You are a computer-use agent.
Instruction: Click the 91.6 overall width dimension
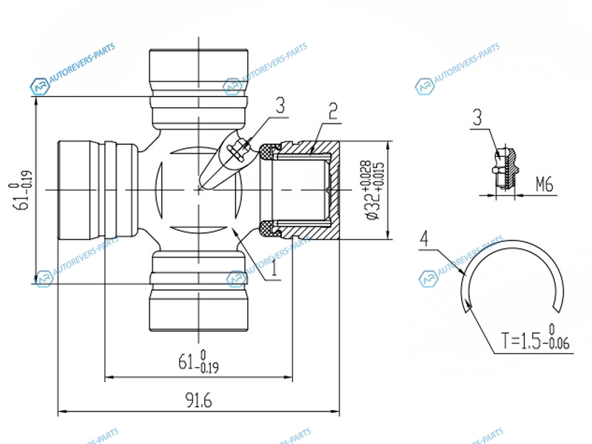pyautogui.click(x=198, y=400)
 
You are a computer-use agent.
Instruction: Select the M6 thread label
pyautogui.click(x=545, y=184)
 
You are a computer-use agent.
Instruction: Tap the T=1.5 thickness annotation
pyautogui.click(x=535, y=337)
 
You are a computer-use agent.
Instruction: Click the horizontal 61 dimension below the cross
pyautogui.click(x=198, y=361)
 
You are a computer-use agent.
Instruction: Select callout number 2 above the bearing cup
pyautogui.click(x=332, y=112)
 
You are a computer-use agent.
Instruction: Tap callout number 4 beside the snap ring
pyautogui.click(x=424, y=239)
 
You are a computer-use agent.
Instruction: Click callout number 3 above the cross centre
pyautogui.click(x=280, y=106)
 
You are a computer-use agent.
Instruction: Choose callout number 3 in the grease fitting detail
pyautogui.click(x=477, y=118)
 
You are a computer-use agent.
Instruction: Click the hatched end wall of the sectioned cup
pyautogui.click(x=334, y=190)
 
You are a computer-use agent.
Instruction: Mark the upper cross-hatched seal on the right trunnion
pyautogui.click(x=269, y=152)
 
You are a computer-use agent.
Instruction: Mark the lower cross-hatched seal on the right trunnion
pyautogui.click(x=269, y=229)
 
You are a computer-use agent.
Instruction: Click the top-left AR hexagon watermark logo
pyautogui.click(x=40, y=87)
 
